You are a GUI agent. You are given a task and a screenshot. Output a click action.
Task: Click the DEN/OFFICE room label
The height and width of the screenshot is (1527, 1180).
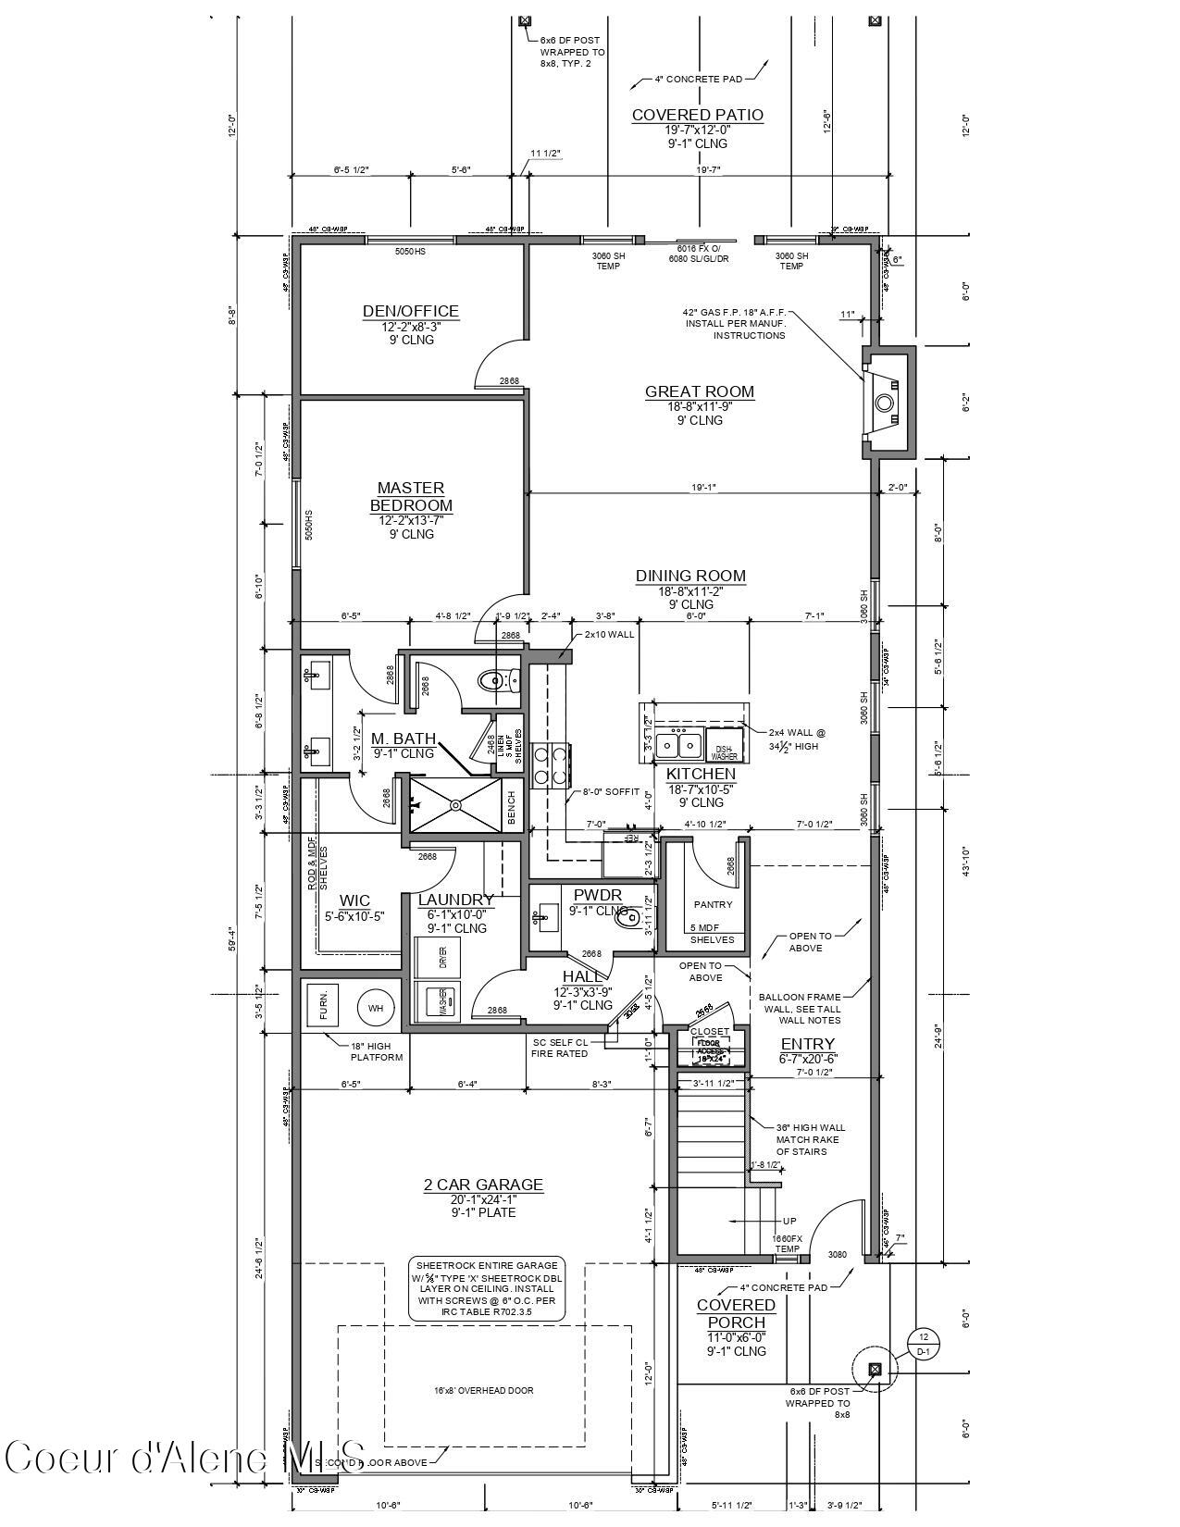[410, 312]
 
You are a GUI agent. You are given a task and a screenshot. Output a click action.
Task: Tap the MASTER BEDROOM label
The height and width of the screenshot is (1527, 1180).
[411, 497]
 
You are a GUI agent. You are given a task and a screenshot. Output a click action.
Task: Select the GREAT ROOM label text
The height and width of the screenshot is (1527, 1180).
[700, 392]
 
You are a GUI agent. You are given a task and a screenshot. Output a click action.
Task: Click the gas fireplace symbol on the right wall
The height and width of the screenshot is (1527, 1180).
[885, 403]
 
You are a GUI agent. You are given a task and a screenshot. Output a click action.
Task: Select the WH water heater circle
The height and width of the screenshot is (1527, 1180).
[375, 1008]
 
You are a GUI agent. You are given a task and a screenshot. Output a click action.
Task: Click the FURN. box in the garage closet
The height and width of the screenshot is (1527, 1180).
[323, 1005]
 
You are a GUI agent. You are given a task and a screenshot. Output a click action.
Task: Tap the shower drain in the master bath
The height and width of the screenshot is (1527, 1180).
[455, 805]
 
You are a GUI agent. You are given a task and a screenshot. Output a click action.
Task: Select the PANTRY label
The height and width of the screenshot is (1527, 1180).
[713, 904]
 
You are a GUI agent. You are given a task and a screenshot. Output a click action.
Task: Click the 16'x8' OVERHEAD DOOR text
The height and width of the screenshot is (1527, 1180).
[483, 1390]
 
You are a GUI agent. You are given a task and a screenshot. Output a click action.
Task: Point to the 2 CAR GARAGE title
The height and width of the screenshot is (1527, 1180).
[483, 1185]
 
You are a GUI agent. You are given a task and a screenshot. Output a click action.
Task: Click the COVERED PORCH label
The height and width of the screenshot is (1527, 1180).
[737, 1313]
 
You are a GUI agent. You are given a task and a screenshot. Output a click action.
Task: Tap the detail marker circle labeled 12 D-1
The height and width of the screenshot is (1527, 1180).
[922, 1343]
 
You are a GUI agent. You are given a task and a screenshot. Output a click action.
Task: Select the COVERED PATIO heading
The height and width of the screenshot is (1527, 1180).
[698, 116]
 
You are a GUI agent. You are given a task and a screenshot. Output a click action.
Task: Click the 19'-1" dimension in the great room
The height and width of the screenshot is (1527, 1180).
[704, 487]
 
